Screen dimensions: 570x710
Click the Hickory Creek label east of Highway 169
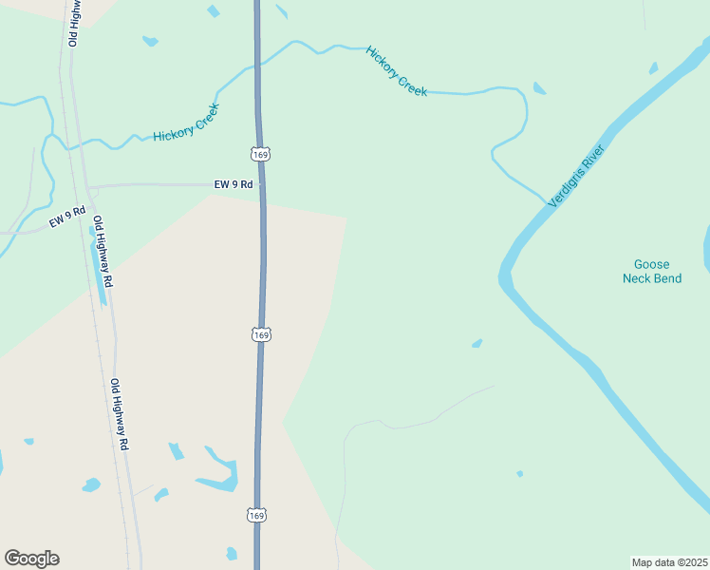tap(397, 71)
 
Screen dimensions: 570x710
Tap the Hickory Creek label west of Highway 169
tap(186, 123)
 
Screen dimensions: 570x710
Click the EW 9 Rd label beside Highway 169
tap(234, 185)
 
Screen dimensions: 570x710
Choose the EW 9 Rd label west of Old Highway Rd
tap(67, 216)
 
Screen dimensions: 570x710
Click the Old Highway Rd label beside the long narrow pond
tap(103, 252)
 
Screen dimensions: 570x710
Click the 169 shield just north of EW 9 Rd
tap(260, 154)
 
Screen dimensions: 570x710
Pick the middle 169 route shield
tap(261, 334)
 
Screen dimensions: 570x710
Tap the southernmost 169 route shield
tap(257, 515)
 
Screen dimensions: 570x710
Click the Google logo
tap(31, 559)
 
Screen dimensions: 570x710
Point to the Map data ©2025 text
tap(669, 562)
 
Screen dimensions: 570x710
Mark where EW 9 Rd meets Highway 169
tap(262, 184)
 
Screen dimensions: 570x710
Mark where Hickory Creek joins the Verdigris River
tap(547, 202)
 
